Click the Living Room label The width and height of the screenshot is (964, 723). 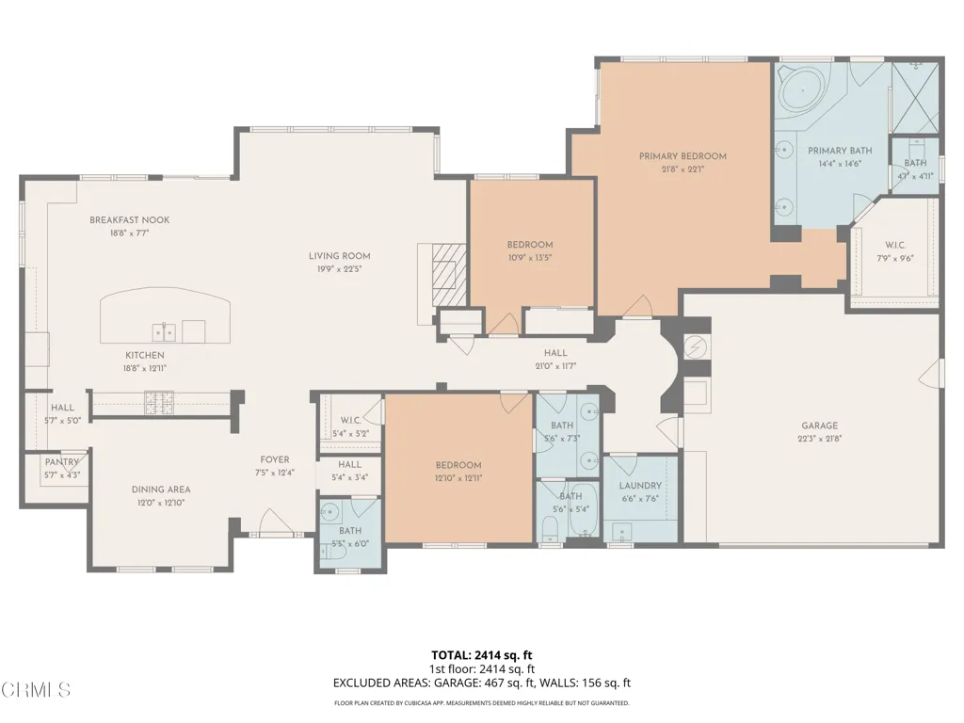click(339, 256)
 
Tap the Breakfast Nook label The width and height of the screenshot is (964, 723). click(130, 220)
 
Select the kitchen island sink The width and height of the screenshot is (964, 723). click(164, 332)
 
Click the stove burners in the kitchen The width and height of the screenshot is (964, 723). click(159, 402)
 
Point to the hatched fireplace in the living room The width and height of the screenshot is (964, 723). click(448, 275)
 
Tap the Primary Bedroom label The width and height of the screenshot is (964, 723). click(683, 156)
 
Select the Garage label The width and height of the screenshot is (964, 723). click(820, 426)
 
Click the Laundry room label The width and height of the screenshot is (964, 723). click(640, 486)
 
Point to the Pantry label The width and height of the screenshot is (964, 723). click(62, 462)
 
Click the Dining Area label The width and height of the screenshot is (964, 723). click(161, 490)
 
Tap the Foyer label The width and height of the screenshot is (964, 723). click(275, 459)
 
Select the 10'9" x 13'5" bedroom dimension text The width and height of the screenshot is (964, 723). click(530, 258)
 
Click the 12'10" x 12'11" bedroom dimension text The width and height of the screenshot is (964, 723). click(458, 478)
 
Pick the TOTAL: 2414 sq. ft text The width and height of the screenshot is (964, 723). click(482, 655)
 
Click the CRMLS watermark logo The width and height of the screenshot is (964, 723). click(36, 689)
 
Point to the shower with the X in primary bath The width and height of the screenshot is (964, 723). click(915, 97)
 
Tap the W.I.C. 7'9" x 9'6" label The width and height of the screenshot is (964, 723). click(895, 251)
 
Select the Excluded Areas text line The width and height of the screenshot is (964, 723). click(482, 683)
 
